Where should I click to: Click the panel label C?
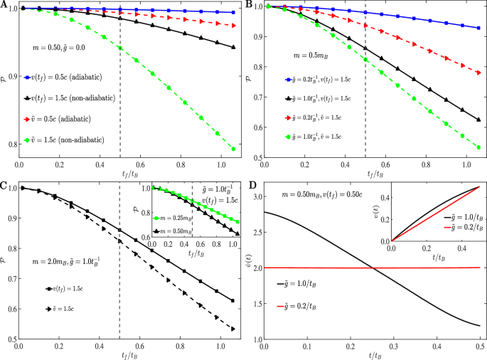4,186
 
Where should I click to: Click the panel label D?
249,186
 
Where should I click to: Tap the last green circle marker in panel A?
234,149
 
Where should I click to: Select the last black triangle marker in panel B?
478,120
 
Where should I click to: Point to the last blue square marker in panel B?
478,28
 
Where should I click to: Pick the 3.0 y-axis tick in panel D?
255,195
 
